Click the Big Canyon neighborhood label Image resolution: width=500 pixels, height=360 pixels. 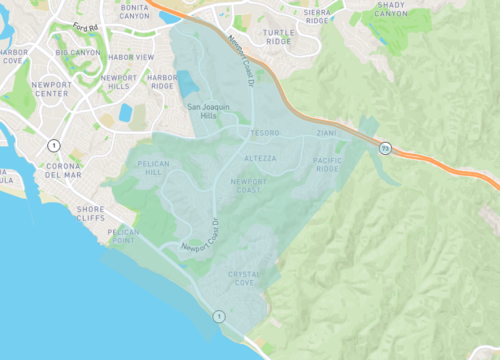[x=76, y=52]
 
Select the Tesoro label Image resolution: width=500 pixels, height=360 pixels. [x=265, y=131]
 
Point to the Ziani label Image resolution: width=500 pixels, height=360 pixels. [x=329, y=132]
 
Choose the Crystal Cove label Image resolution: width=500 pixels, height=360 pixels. [x=247, y=277]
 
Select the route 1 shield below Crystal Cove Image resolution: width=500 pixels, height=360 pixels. [x=219, y=316]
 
